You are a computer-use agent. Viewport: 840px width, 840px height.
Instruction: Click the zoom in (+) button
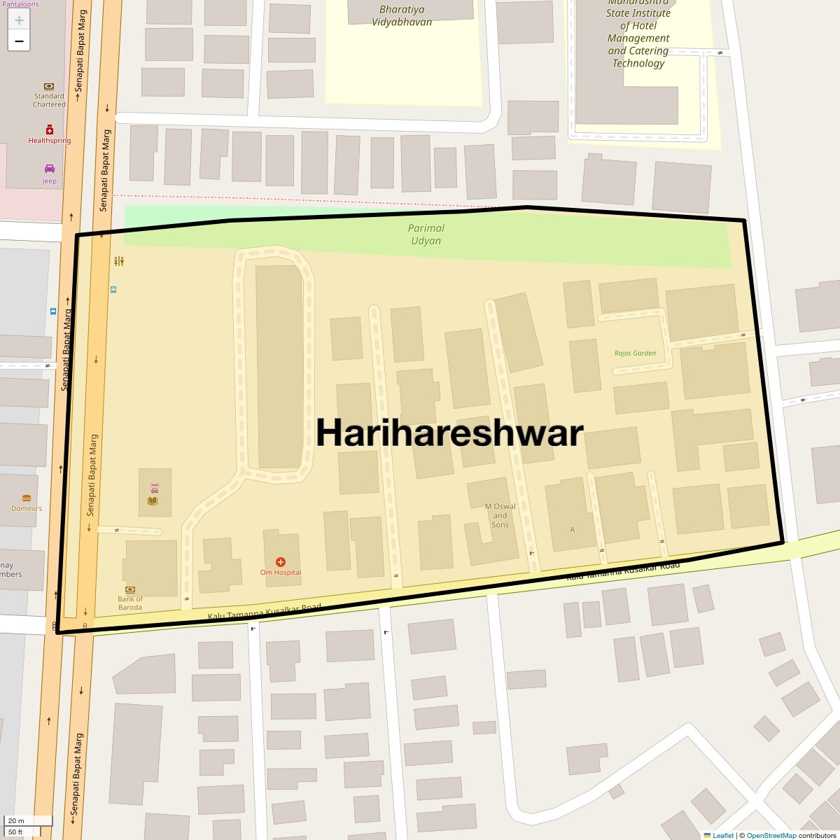[x=19, y=20]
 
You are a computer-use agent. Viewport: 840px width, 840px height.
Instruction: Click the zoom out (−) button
[x=19, y=41]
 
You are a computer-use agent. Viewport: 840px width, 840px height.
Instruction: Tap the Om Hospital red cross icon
[x=281, y=561]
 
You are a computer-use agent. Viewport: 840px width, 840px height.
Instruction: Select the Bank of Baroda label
[x=130, y=603]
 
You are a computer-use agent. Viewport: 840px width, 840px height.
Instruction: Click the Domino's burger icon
[x=27, y=498]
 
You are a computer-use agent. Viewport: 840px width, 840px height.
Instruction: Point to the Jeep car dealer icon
[x=49, y=169]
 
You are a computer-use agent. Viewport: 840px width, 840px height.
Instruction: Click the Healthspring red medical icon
[x=50, y=129]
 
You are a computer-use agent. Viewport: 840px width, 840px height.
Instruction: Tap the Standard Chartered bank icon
[x=49, y=86]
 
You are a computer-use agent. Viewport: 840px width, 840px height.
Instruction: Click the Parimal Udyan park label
[x=426, y=234]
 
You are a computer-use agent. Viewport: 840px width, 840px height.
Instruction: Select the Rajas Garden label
[x=635, y=353]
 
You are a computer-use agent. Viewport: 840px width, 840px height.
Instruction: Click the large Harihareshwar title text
[x=449, y=433]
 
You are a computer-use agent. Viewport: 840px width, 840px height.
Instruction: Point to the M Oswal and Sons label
[x=500, y=515]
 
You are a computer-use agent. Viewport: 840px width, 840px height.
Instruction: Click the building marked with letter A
[x=572, y=529]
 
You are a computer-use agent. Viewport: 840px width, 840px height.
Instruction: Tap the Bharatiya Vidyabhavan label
[x=402, y=15]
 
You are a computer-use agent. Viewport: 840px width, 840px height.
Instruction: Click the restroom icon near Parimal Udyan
[x=119, y=261]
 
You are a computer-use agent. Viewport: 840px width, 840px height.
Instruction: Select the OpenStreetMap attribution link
[x=771, y=835]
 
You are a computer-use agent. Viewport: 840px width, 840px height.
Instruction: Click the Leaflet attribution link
[x=722, y=835]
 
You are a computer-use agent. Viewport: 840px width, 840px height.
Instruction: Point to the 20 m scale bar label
[x=16, y=820]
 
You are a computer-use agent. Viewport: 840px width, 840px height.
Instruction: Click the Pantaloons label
[x=20, y=4]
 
